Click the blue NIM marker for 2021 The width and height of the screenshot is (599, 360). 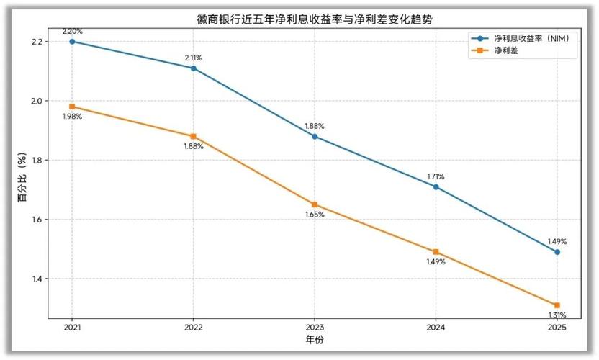coord(72,42)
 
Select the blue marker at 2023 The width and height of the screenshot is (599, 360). coord(315,136)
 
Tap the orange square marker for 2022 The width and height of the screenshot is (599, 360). coord(193,136)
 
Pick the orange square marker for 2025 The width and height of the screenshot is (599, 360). coord(557,305)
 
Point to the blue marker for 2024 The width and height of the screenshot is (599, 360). coord(436,186)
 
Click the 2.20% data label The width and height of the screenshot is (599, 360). coord(72,32)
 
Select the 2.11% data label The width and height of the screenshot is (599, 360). coord(193,58)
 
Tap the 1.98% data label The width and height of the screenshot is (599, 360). coord(72,117)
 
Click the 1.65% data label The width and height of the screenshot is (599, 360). coord(315,215)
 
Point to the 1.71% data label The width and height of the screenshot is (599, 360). coord(436,176)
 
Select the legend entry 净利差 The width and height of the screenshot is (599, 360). coord(504,50)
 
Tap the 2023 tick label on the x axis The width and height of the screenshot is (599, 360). coord(315,327)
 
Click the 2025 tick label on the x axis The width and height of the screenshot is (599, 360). coord(557,327)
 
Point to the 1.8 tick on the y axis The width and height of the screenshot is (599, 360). coord(37,161)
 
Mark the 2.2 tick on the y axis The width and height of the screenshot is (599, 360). coord(37,42)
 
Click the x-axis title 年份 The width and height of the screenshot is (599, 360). coord(315,339)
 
